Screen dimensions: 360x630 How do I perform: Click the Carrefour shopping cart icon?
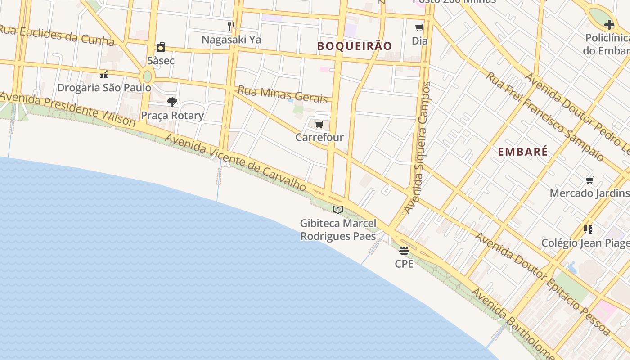coord(319,124)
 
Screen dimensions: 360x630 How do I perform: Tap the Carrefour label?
coord(319,137)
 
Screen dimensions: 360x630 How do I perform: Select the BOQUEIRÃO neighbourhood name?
coord(355,46)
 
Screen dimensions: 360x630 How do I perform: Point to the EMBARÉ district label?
coord(523,152)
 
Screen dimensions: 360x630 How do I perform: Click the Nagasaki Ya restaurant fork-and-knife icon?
coord(231,27)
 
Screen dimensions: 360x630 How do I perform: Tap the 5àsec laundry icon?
coord(161,48)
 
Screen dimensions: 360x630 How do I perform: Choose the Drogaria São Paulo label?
coord(104,87)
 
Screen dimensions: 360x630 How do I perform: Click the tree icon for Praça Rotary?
coord(172,102)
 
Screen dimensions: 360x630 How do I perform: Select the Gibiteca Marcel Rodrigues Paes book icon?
coord(338,210)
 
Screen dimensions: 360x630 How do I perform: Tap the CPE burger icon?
coord(404,251)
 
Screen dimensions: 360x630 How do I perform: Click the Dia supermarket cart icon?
coord(419,28)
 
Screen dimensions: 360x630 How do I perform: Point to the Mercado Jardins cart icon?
coord(589,180)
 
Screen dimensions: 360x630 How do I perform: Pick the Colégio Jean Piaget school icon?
coord(588,229)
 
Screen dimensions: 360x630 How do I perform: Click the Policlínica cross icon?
coord(609,25)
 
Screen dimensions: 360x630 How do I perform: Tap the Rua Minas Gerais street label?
coord(282,94)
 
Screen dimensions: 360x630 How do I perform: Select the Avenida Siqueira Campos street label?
coord(418,148)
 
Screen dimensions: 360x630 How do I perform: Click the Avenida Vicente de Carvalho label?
coord(236,162)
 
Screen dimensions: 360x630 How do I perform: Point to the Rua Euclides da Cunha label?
coord(56,35)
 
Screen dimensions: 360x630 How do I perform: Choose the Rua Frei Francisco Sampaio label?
coord(544,116)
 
